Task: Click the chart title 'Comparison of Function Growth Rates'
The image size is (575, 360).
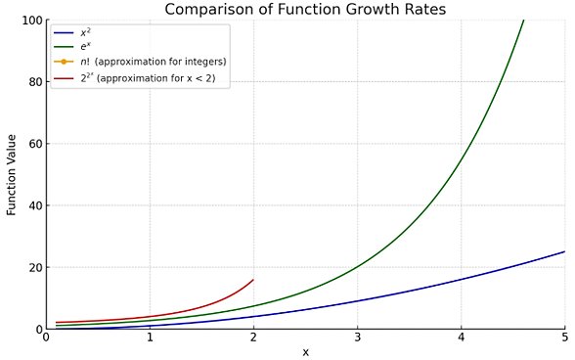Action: pyautogui.click(x=305, y=10)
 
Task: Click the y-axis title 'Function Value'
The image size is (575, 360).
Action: pyautogui.click(x=12, y=174)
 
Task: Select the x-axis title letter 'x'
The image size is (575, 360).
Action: pyautogui.click(x=305, y=352)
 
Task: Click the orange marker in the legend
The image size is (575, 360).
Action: pyautogui.click(x=64, y=62)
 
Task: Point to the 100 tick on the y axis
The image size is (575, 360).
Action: pyautogui.click(x=31, y=21)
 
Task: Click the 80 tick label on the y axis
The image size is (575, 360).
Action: pyautogui.click(x=34, y=82)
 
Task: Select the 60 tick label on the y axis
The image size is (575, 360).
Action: pyautogui.click(x=34, y=144)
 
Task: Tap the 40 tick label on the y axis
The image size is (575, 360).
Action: pyautogui.click(x=34, y=205)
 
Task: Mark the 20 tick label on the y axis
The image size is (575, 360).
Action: pyautogui.click(x=34, y=267)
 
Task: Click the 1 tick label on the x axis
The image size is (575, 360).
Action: pyautogui.click(x=150, y=338)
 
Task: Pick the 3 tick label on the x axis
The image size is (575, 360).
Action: pyautogui.click(x=357, y=338)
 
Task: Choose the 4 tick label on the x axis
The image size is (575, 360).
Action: pyautogui.click(x=461, y=338)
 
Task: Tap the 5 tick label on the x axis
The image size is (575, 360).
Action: pyautogui.click(x=564, y=338)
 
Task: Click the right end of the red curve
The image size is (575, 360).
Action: pyautogui.click(x=253, y=280)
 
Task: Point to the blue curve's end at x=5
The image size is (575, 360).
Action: pyautogui.click(x=564, y=251)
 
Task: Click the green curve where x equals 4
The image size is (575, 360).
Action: pyautogui.click(x=461, y=160)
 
